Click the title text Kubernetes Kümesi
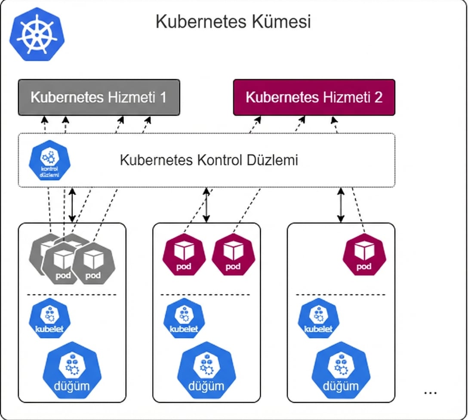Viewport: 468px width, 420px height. (x=233, y=22)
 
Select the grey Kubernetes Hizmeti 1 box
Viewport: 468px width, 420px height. (x=99, y=97)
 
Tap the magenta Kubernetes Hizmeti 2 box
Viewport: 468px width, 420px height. (x=314, y=97)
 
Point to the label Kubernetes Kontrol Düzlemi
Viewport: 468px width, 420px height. (x=209, y=160)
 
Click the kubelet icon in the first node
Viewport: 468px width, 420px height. (x=49, y=319)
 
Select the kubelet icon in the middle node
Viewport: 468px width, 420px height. (x=184, y=319)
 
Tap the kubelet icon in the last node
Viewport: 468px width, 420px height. (x=319, y=319)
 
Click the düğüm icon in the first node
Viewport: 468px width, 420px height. (x=72, y=371)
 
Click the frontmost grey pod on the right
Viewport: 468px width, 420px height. (x=92, y=262)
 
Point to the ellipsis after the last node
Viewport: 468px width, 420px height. (x=430, y=392)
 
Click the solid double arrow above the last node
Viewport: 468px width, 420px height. (x=341, y=205)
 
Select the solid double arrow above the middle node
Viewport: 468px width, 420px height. (x=207, y=205)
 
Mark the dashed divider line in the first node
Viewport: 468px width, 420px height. (x=72, y=295)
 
